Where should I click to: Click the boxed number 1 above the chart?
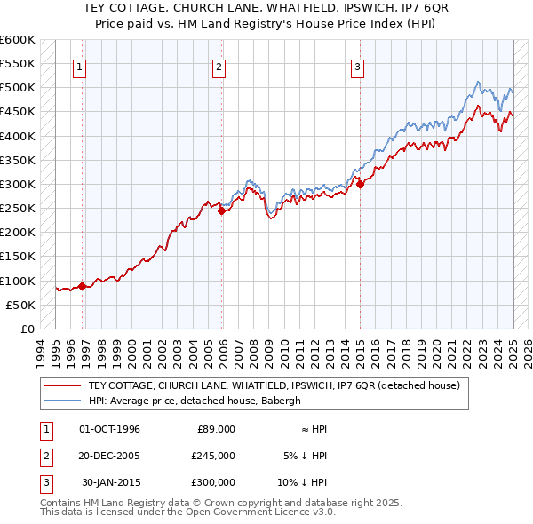click(x=80, y=65)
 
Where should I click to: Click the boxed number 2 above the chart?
click(x=219, y=65)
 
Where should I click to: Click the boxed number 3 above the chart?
click(x=356, y=65)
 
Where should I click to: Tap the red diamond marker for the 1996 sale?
click(x=82, y=286)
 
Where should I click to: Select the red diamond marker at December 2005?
click(x=222, y=210)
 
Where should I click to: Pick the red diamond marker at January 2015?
click(x=361, y=184)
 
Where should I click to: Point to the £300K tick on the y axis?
click(x=19, y=184)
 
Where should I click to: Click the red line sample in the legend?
click(x=63, y=385)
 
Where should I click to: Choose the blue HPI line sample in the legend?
click(x=63, y=401)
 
